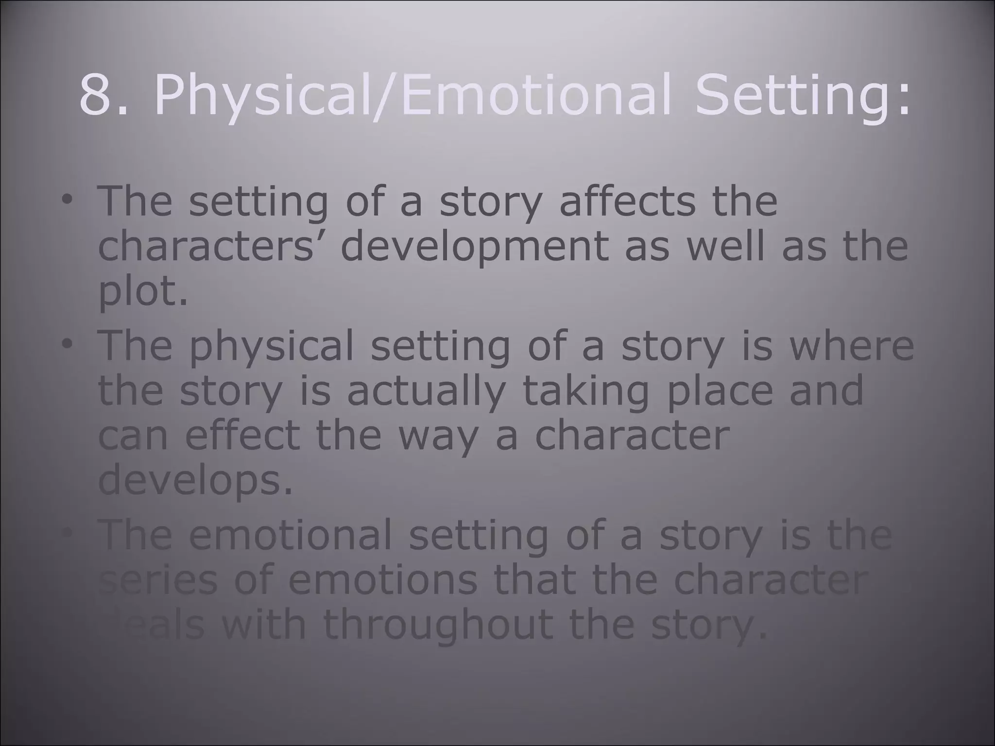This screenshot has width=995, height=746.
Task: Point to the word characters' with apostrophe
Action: click(x=211, y=246)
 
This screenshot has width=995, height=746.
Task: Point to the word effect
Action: click(x=242, y=436)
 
